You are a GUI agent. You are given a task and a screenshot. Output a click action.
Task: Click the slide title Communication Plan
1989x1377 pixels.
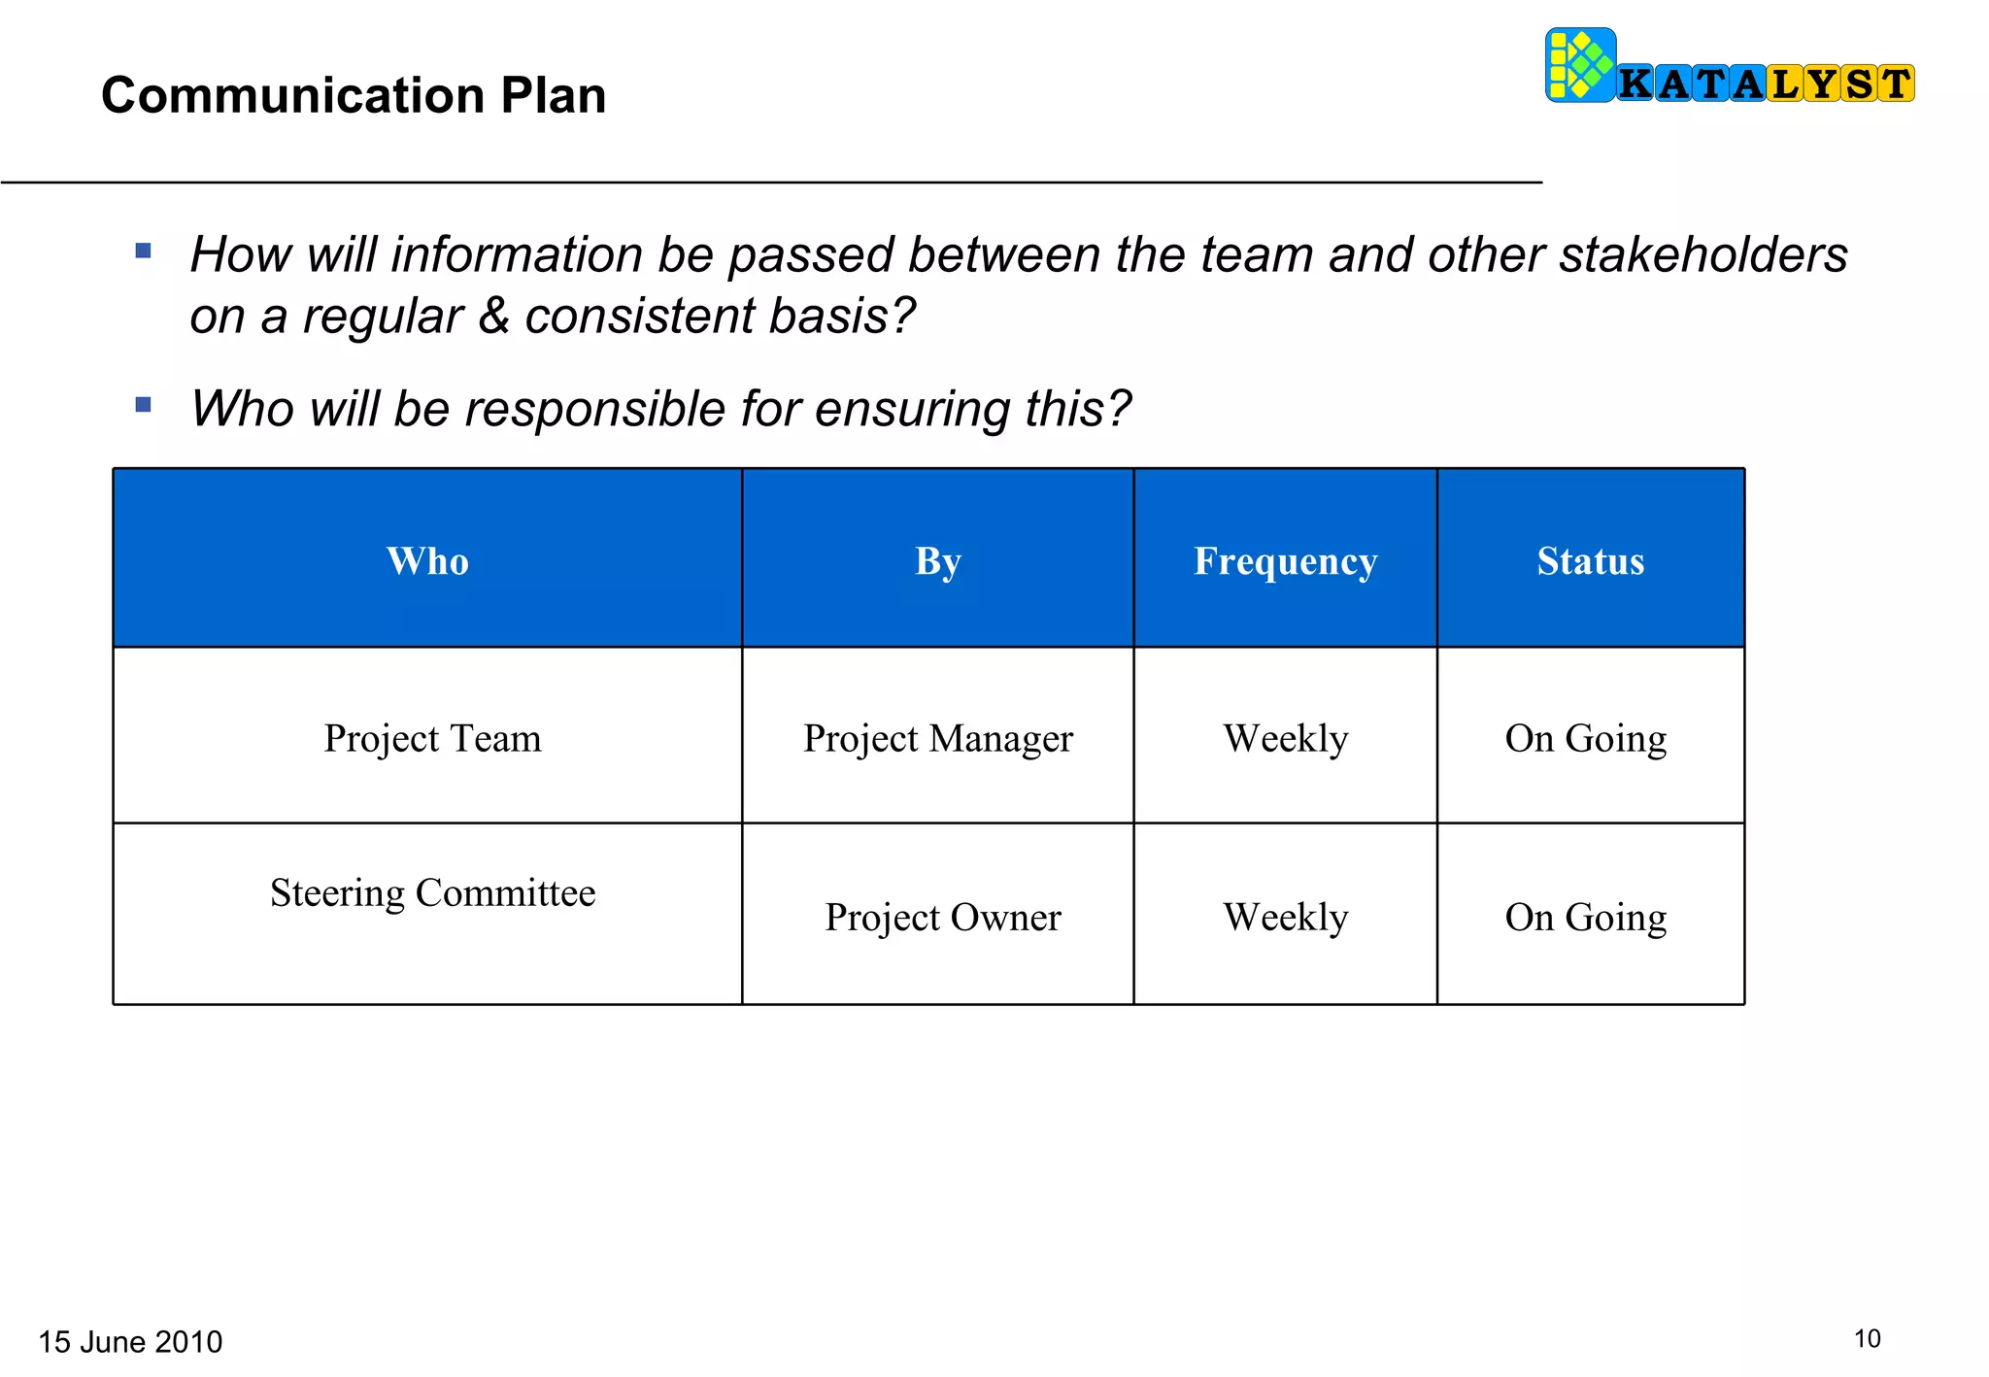pos(354,95)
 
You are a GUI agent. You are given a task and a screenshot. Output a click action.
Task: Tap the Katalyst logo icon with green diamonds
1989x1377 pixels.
pos(1580,65)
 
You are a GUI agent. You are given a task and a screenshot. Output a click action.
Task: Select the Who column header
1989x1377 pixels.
pos(427,561)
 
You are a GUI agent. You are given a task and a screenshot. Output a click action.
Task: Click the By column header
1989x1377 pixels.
pos(937,561)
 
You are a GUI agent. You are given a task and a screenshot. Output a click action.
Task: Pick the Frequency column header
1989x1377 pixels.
pos(1285,561)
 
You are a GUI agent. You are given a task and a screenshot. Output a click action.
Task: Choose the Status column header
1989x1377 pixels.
pos(1590,561)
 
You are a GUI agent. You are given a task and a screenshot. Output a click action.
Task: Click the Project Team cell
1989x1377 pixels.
pos(432,738)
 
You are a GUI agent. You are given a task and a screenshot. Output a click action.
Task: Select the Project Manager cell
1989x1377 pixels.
pos(937,738)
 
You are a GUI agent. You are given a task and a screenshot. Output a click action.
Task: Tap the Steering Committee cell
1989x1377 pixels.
pos(432,892)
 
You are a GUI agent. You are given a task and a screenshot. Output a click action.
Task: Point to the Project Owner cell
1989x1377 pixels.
pos(942,917)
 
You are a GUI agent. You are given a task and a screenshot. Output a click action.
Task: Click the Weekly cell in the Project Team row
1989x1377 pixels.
pos(1285,738)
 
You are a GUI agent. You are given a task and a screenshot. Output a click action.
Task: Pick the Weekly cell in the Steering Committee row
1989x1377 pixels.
pos(1285,917)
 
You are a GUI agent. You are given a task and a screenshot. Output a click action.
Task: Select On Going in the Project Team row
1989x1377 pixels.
pos(1585,738)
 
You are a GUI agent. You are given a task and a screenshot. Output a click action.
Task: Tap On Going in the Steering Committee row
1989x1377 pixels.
pos(1585,917)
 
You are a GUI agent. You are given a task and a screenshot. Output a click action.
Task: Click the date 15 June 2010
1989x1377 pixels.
pos(130,1341)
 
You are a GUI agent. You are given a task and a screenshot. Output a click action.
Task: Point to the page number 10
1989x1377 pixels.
pos(1867,1338)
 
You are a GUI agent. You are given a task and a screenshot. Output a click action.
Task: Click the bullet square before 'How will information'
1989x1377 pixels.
pos(144,251)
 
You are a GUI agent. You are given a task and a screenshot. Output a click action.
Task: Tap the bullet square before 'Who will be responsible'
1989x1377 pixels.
pos(144,404)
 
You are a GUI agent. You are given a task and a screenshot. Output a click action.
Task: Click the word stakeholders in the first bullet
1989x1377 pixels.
pos(1702,254)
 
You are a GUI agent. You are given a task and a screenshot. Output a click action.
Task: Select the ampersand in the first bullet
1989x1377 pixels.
pos(494,316)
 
